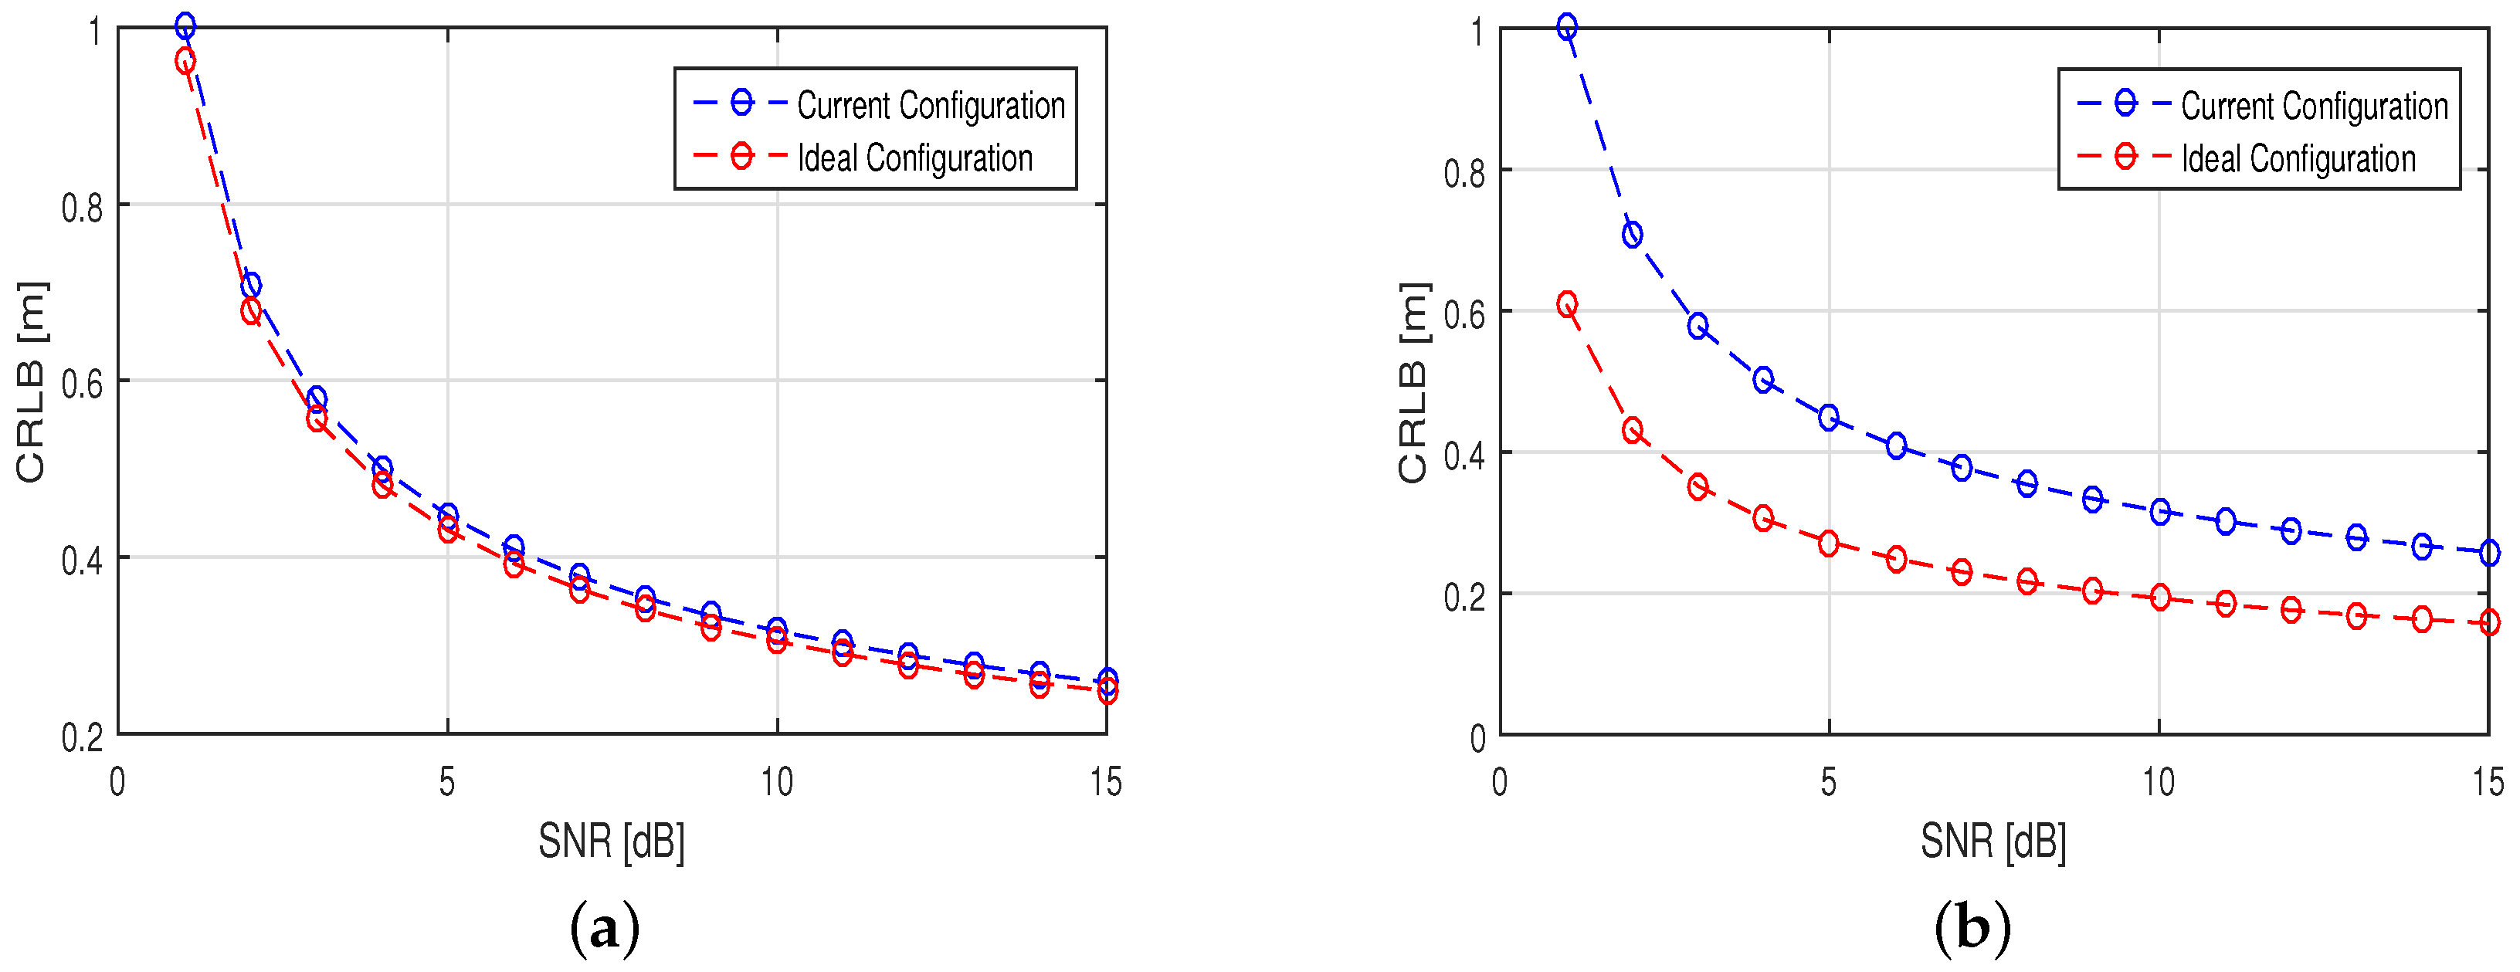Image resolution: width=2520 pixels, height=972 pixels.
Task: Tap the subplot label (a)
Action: pos(605,927)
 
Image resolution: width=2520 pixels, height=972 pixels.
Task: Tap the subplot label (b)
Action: pos(1972,927)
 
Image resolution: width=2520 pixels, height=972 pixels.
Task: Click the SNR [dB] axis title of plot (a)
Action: pos(612,840)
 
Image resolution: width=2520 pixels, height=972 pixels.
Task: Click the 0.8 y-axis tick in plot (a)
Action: pos(82,208)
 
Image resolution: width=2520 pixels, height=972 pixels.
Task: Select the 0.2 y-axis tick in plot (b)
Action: pos(1464,595)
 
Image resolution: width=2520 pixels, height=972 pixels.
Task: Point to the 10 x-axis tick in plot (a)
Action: pos(777,782)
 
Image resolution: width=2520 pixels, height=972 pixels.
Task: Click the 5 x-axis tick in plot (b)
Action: pos(1828,782)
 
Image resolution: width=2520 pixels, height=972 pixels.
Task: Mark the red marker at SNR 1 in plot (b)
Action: pos(1567,304)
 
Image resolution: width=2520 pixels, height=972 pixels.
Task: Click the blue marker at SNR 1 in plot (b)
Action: pos(1567,27)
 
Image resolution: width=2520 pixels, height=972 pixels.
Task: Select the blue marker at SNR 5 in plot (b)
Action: pos(1828,418)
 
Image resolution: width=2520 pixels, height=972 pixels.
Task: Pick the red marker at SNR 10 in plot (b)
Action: pos(2160,598)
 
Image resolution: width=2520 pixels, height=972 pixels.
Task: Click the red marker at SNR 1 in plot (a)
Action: pos(185,62)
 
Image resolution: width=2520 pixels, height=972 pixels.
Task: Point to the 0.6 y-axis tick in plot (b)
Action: pos(1464,313)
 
